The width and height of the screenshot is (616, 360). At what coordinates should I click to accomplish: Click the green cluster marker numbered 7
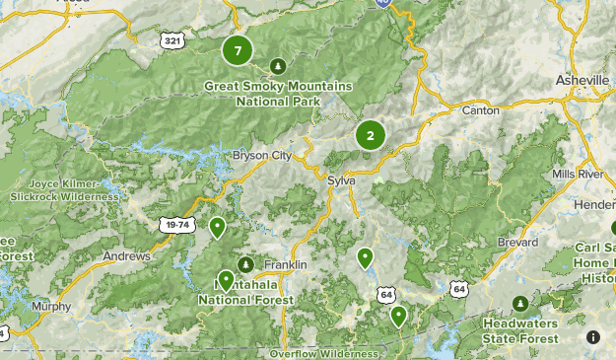[x=238, y=48]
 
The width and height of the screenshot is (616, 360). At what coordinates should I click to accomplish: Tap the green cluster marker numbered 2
[x=370, y=136]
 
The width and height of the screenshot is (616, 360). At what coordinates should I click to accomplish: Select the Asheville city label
[x=583, y=79]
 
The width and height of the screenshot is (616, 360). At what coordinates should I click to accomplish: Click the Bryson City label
[x=262, y=155]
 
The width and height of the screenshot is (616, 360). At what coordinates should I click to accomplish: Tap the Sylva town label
[x=341, y=180]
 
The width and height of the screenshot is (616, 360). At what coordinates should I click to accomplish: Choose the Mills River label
[x=578, y=174]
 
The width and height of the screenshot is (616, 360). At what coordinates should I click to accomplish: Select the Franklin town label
[x=286, y=265]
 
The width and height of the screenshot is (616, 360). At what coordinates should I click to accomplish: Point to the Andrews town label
[x=126, y=255]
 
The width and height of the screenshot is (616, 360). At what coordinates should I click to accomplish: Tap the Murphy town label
[x=51, y=306]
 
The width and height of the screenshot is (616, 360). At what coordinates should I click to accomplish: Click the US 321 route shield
[x=172, y=38]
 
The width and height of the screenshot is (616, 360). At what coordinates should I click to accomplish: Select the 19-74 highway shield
[x=178, y=225]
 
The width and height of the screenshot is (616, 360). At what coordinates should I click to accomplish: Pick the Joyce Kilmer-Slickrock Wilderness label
[x=64, y=190]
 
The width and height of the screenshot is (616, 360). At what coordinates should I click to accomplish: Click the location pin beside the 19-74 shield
[x=217, y=228]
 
